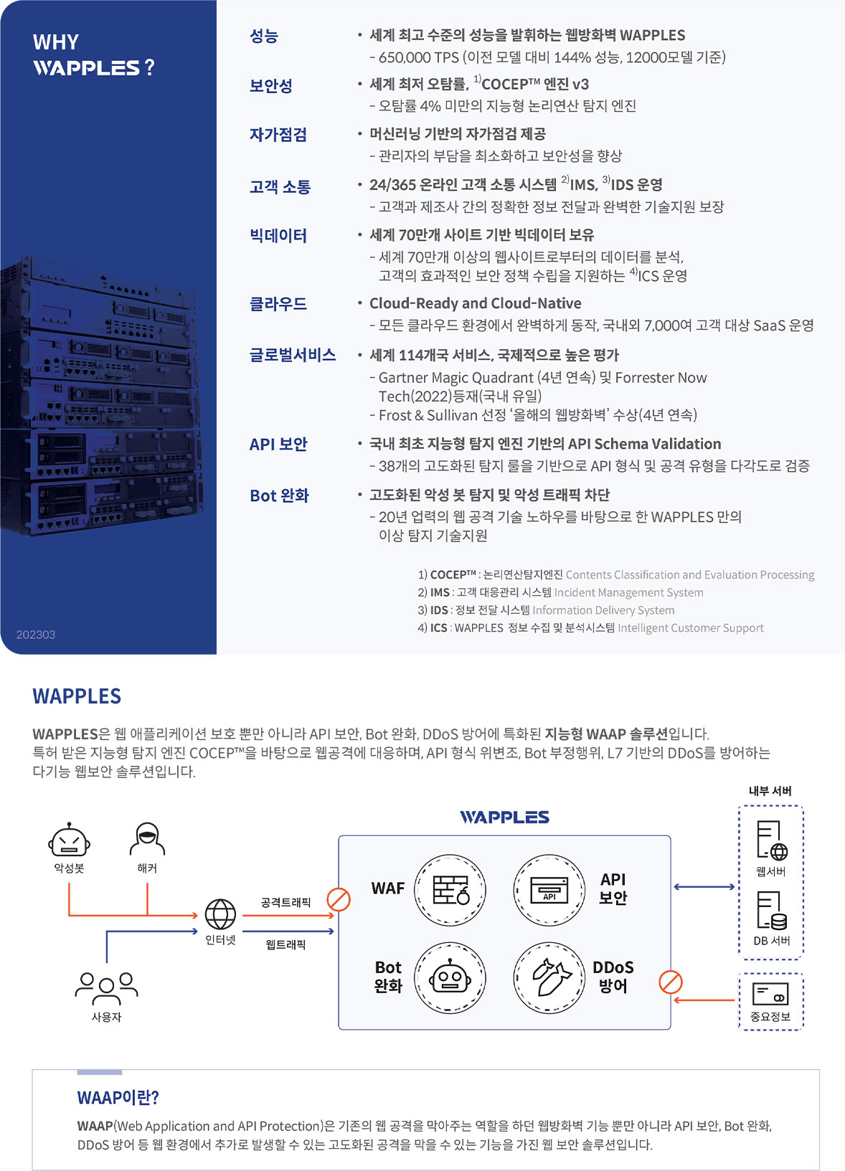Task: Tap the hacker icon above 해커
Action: (147, 838)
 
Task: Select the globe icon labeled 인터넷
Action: (220, 914)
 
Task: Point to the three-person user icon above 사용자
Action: (107, 988)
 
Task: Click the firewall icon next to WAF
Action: (450, 890)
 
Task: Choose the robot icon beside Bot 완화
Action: (450, 977)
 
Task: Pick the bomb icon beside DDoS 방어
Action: (549, 977)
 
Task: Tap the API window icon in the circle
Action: (549, 890)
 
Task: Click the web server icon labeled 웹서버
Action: (772, 841)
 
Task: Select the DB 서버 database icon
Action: (772, 911)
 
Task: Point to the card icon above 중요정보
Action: (770, 994)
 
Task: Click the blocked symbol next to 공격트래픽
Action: (339, 900)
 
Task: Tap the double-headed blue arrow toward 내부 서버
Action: (704, 886)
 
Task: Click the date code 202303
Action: (36, 635)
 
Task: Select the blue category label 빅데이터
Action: (278, 236)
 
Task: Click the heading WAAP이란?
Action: (118, 1097)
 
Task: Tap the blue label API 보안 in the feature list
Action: (278, 445)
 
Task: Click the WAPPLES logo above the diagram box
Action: (504, 817)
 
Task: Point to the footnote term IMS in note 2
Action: (440, 592)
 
